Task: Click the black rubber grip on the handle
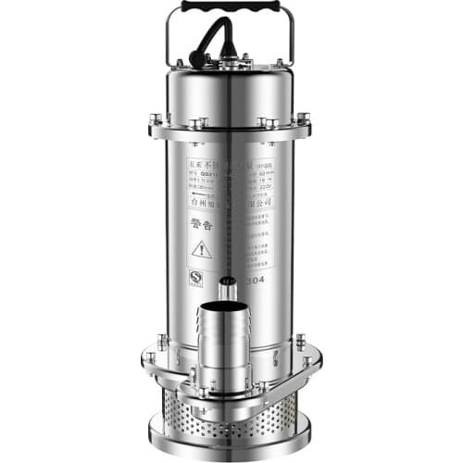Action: (x=231, y=6)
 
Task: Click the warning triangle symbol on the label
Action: (x=201, y=249)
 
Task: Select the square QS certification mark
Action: (x=195, y=276)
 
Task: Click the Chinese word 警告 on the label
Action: (x=202, y=221)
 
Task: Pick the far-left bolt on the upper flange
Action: (x=156, y=119)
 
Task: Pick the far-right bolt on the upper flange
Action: (x=304, y=119)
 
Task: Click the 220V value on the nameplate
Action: (x=263, y=184)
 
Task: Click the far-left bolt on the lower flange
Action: (x=149, y=357)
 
